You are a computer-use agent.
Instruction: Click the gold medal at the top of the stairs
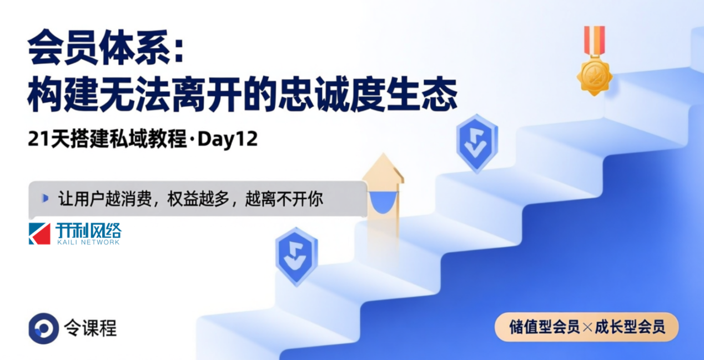pos(594,76)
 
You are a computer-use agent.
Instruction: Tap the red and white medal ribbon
pos(594,41)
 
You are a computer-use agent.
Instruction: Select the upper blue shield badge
pos(477,143)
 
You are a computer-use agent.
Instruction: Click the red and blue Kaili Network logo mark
pos(39,233)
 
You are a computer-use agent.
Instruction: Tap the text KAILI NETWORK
pos(88,242)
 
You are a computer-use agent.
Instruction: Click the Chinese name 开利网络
pos(89,231)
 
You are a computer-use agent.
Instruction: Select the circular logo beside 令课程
pos(44,328)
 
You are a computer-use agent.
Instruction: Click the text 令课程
pos(90,328)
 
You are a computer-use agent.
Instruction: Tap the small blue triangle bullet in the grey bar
pos(46,198)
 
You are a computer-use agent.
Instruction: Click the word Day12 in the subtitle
pos(228,139)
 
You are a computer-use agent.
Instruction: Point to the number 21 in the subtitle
pos(39,139)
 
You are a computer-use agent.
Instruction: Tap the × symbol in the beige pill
pos(587,328)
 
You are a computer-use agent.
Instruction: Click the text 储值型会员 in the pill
pos(545,327)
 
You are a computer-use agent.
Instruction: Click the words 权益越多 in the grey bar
pos(198,199)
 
